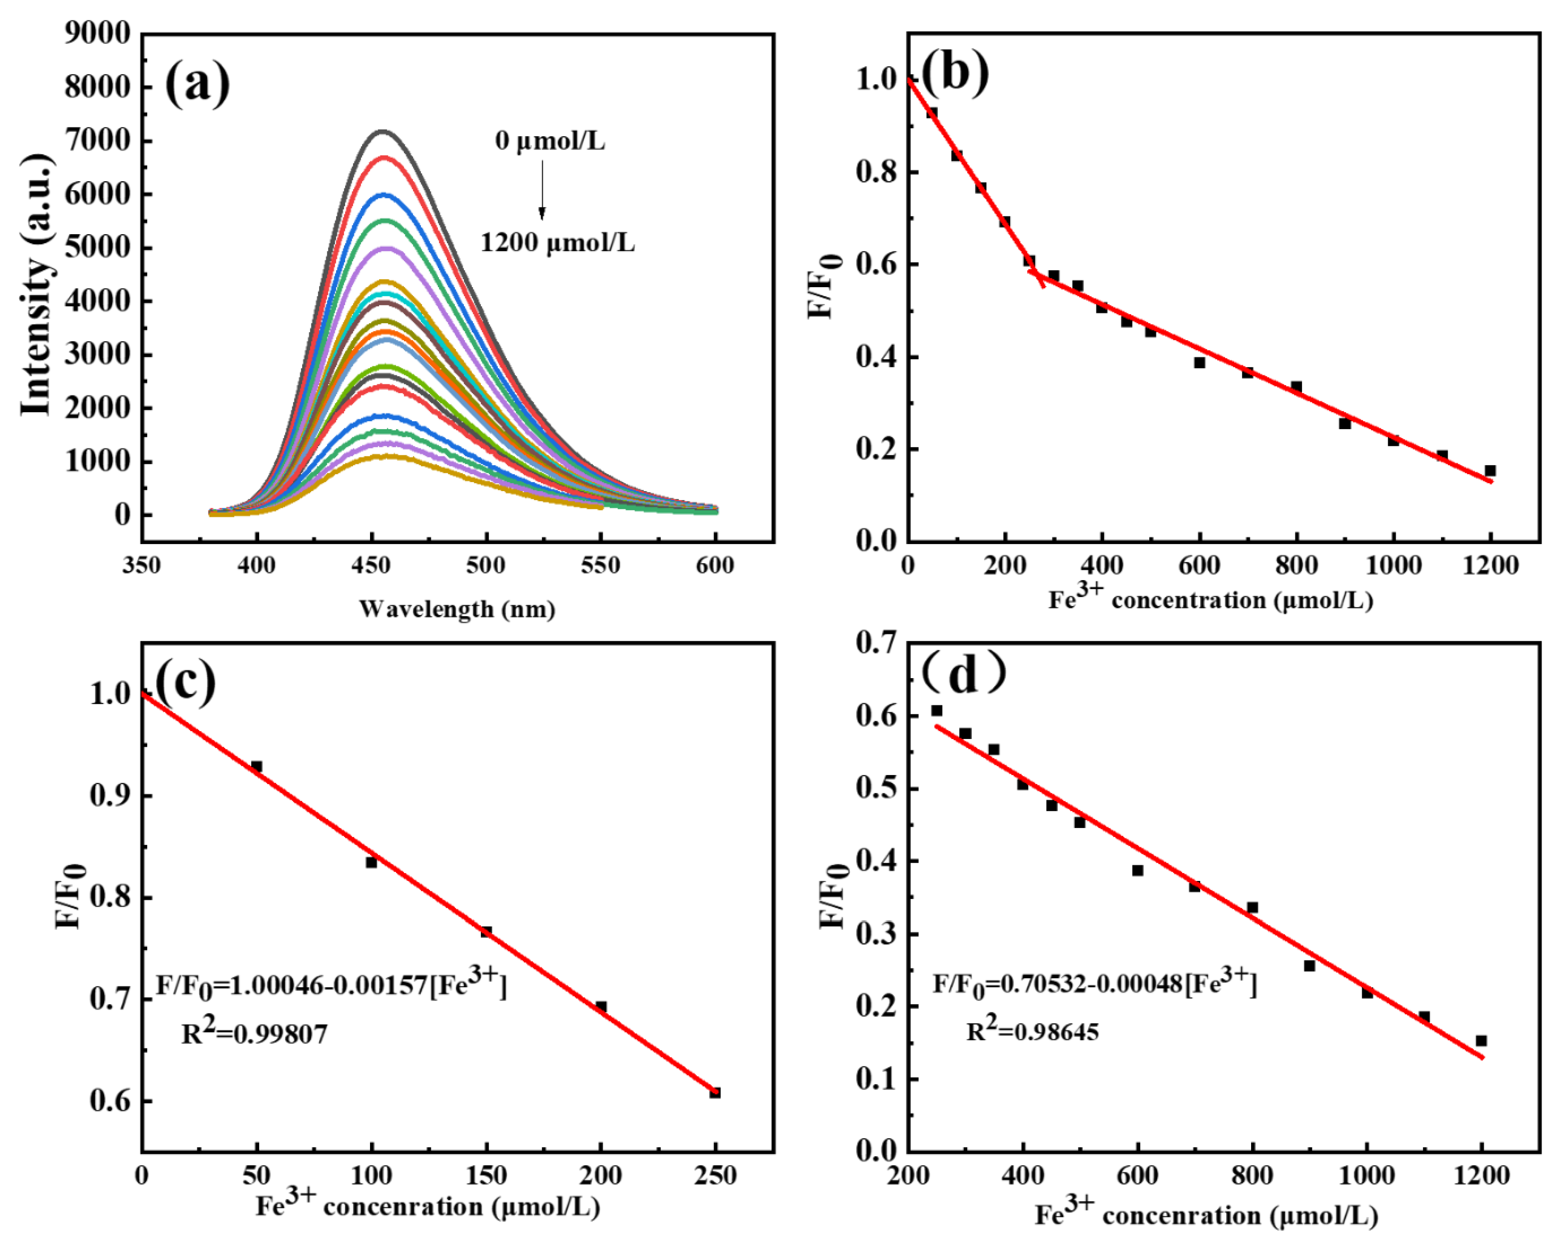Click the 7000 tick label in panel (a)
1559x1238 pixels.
point(98,140)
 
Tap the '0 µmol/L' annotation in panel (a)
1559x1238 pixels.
point(550,140)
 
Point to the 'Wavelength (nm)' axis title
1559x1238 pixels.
point(457,609)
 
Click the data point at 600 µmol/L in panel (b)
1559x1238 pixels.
point(1200,362)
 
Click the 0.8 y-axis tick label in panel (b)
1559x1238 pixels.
point(877,172)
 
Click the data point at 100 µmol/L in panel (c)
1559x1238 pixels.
point(371,862)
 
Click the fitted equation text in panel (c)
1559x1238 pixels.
point(331,984)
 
